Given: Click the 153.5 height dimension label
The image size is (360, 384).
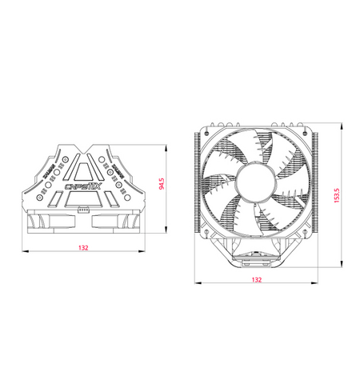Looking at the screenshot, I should [x=337, y=194].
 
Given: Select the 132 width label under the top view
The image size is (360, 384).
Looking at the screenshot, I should [x=83, y=248].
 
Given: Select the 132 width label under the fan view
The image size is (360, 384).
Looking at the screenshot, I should [x=256, y=280].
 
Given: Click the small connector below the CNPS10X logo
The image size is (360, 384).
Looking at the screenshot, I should [x=84, y=211].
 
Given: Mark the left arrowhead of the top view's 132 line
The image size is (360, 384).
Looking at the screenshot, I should [x=25, y=252].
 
